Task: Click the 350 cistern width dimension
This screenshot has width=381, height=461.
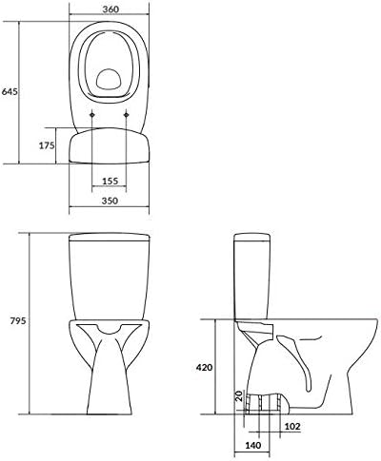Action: pyautogui.click(x=110, y=202)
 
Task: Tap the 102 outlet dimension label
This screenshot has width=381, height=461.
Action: pyautogui.click(x=293, y=426)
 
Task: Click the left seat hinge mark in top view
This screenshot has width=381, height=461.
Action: pyautogui.click(x=91, y=115)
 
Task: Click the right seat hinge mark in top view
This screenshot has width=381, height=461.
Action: pyautogui.click(x=128, y=115)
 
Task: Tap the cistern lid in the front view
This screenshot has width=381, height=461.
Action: pyautogui.click(x=110, y=237)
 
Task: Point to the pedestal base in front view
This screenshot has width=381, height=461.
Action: pyautogui.click(x=110, y=390)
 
